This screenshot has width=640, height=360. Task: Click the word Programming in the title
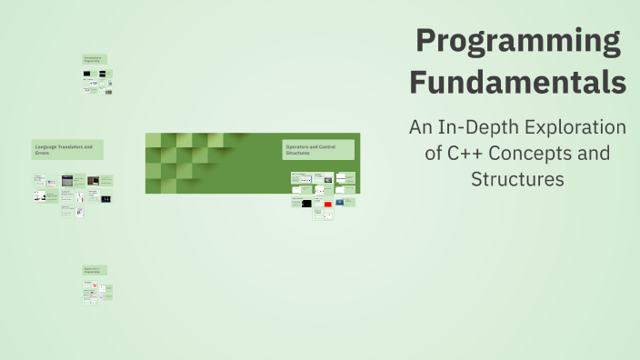518,42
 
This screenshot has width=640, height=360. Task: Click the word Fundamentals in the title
518,82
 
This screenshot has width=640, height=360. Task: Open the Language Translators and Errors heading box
67,150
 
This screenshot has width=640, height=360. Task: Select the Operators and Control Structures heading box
318,150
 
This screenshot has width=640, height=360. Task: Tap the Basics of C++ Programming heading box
95,270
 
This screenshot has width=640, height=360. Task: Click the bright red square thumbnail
327,205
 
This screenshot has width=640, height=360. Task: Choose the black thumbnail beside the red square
305,204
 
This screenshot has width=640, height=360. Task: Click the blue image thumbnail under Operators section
339,202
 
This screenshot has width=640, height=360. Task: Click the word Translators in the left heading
68,146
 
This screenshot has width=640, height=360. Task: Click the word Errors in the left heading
41,154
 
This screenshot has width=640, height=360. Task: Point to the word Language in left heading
45,146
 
